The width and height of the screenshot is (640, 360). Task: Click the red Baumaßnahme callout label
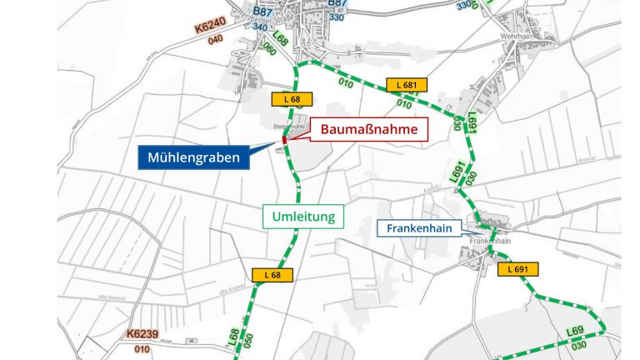tap(370, 129)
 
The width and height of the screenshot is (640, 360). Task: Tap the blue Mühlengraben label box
tap(194, 157)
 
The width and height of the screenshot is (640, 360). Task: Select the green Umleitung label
tap(303, 217)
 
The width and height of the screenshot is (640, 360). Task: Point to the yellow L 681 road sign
tap(407, 85)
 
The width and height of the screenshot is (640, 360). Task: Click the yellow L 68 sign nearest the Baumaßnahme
tap(291, 99)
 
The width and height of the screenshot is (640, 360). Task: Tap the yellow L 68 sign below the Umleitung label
tap(272, 275)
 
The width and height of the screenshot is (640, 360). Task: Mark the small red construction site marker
tap(284, 140)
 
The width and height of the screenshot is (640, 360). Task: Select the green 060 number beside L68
tap(269, 47)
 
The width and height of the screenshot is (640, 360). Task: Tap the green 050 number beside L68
tap(247, 340)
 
